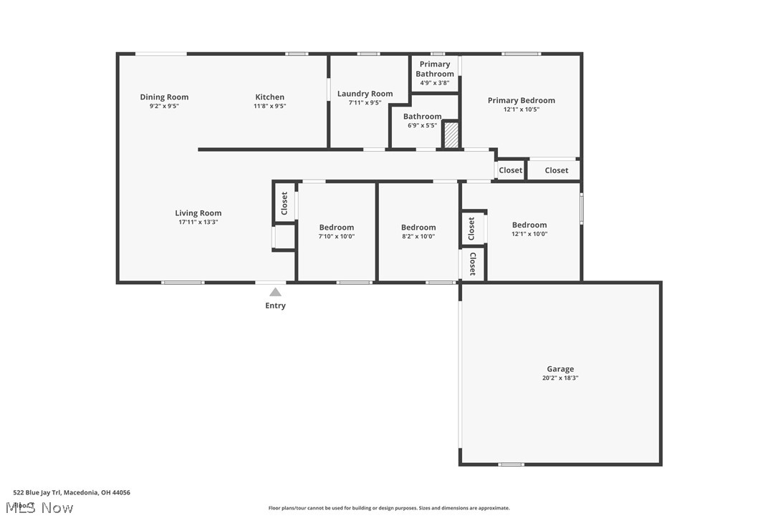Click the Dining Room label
tap(164, 97)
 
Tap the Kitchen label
tap(270, 97)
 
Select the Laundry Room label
tap(365, 94)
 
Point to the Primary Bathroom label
tap(435, 69)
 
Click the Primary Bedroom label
tap(522, 100)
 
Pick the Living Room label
tap(198, 212)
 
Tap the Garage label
tap(560, 369)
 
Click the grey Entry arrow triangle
tap(276, 291)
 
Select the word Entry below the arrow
tap(276, 306)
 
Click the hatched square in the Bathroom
tap(451, 135)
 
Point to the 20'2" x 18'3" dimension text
tap(560, 378)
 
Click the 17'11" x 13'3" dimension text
tap(198, 222)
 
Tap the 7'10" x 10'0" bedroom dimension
tap(337, 236)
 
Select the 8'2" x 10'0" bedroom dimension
tap(418, 236)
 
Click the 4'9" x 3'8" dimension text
tap(435, 82)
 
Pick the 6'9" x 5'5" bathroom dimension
tap(423, 125)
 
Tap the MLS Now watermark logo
tap(43, 507)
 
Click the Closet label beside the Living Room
tap(284, 203)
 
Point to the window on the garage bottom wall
tap(511, 464)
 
